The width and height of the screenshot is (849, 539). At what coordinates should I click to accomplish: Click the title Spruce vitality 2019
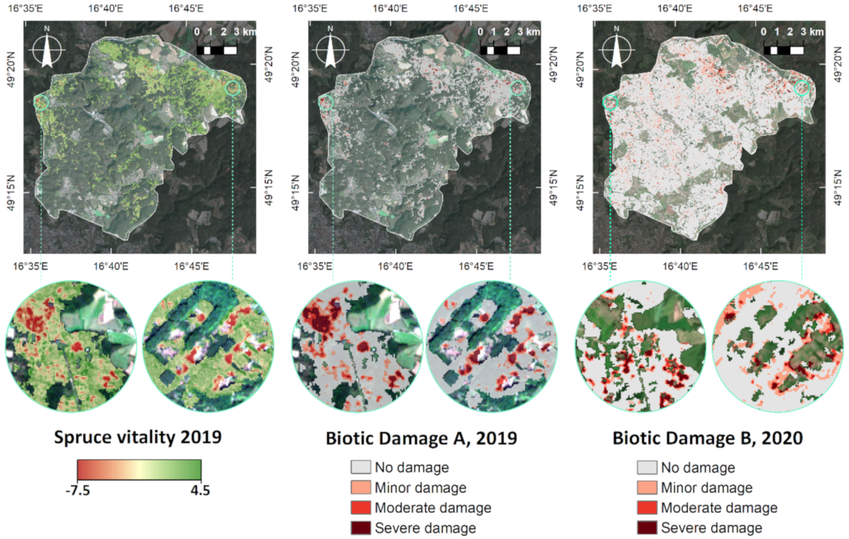137,437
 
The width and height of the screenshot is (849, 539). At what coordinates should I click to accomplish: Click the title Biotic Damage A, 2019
421,438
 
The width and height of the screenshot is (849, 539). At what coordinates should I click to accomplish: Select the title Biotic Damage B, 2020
707,438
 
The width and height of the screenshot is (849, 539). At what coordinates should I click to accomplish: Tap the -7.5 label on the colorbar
78,490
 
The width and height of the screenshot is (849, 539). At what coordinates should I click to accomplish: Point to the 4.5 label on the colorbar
200,490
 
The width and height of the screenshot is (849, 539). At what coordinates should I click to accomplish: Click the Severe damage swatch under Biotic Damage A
361,528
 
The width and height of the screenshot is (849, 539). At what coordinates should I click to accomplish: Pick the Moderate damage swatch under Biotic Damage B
647,507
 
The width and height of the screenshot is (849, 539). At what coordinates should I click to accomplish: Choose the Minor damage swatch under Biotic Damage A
361,488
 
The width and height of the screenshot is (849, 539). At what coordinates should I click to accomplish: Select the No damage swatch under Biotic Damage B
647,467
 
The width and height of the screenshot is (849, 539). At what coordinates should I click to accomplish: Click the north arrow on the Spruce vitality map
47,49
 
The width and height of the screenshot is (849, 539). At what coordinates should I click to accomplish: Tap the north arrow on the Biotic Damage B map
616,49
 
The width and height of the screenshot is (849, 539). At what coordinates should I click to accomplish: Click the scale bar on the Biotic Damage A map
500,50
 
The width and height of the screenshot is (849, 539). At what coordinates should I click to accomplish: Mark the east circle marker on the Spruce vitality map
233,88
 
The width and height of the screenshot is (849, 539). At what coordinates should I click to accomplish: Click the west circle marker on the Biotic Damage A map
325,103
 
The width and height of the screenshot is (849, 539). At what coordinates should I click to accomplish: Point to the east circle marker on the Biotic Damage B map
802,88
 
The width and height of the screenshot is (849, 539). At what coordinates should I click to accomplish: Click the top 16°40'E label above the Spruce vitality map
105,9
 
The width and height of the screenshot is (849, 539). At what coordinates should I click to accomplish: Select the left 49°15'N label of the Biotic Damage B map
580,193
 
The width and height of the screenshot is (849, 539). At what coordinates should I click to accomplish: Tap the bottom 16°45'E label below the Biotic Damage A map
476,266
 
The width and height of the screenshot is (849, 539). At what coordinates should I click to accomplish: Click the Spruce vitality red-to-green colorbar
139,470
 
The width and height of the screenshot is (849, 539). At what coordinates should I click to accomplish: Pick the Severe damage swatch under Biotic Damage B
647,528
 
